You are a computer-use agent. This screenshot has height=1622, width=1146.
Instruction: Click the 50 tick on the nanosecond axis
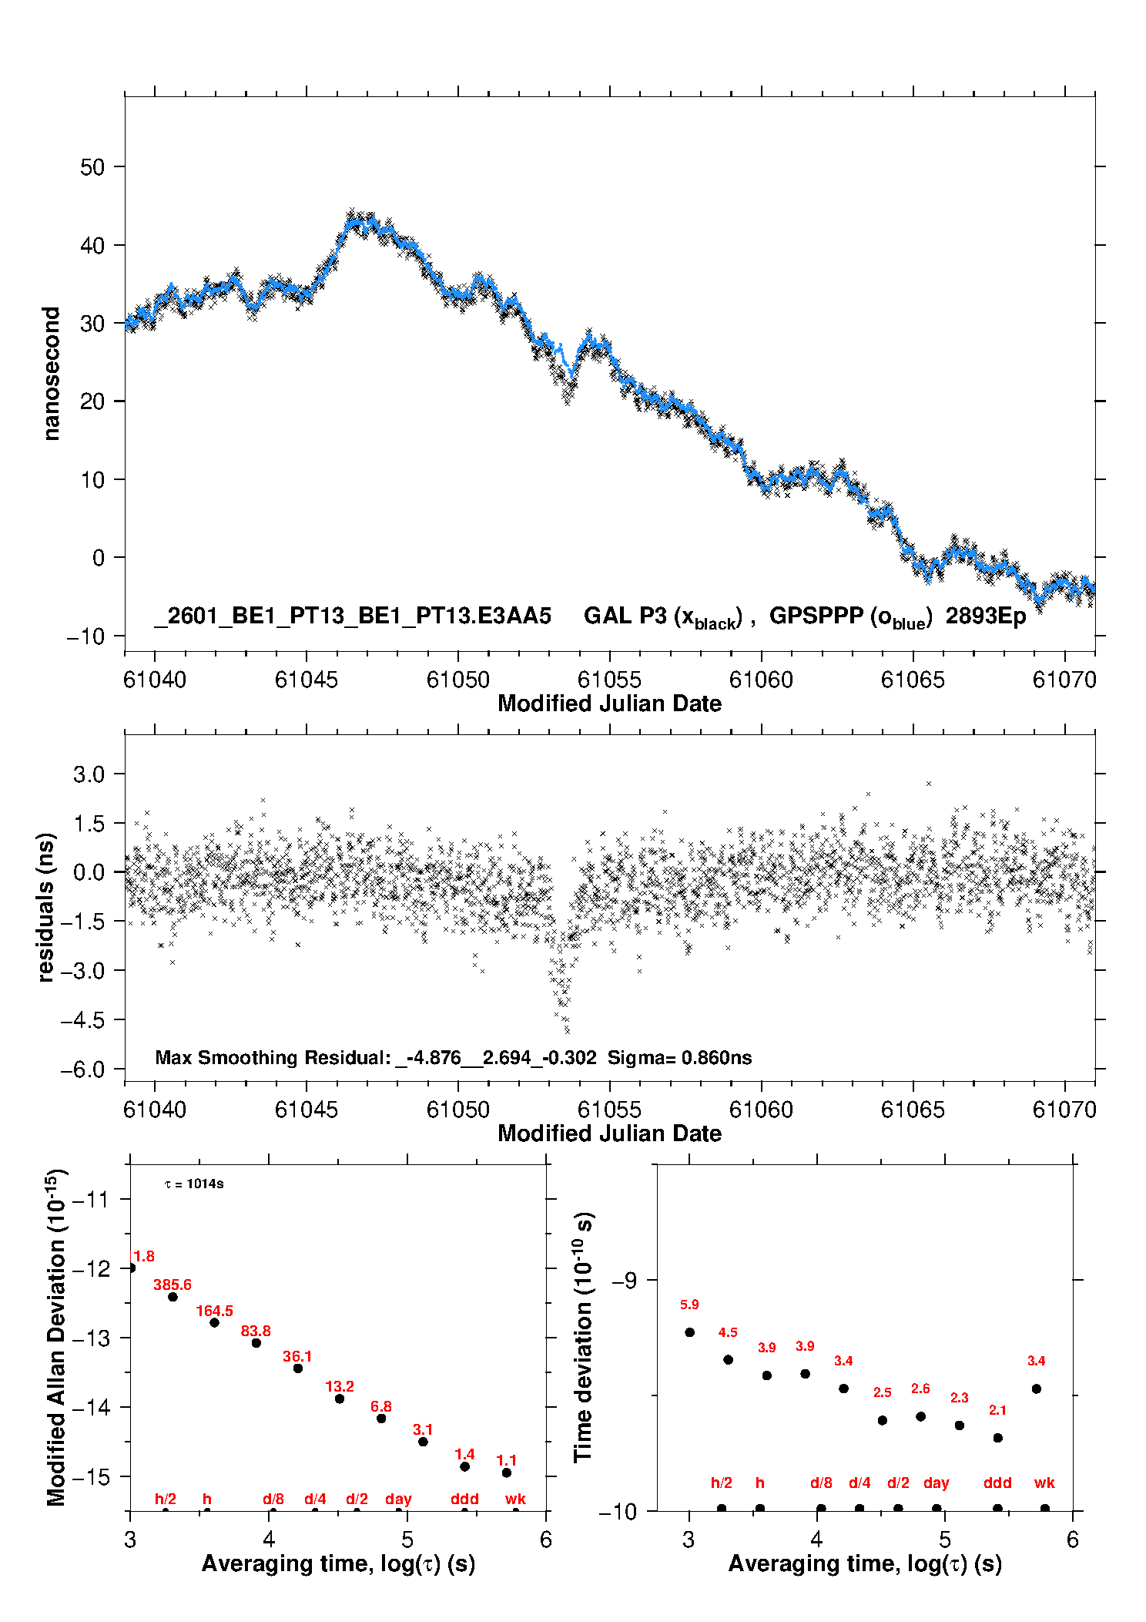92,167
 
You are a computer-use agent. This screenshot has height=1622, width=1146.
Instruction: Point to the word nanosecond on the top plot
51,373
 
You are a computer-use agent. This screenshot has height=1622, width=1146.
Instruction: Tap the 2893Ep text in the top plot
985,616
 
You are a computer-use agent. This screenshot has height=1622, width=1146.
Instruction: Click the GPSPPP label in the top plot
816,616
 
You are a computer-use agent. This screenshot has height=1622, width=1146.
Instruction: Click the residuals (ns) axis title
46,907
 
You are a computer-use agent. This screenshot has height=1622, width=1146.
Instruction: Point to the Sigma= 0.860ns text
679,1057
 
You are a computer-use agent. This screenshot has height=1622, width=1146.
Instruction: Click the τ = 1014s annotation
194,1184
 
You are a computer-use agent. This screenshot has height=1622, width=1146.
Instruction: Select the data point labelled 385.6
173,1297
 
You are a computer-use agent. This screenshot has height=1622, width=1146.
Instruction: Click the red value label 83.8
256,1331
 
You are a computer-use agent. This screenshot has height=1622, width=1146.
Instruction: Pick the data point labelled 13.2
340,1399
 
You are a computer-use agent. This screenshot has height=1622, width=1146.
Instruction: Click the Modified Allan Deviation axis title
56,1337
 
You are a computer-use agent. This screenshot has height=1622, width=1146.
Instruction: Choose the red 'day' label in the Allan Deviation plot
398,1499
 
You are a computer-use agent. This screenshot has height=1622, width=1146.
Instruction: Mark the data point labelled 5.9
690,1332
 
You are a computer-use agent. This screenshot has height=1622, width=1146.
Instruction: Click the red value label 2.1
997,1410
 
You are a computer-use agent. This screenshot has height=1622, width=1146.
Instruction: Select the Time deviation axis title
583,1337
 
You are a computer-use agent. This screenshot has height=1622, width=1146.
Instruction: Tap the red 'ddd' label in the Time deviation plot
997,1483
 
